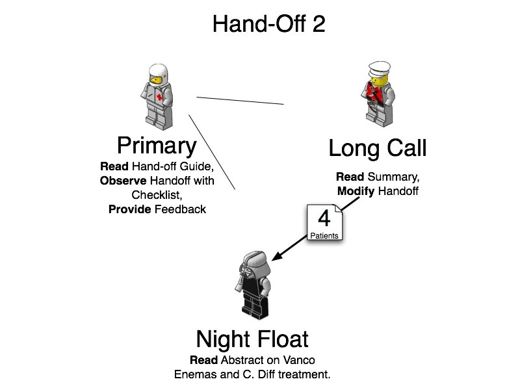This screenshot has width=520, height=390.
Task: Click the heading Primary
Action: coord(156,146)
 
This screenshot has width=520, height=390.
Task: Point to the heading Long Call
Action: coord(377,149)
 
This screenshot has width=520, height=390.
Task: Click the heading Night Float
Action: coord(252,339)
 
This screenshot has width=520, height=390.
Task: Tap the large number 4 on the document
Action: coord(323,218)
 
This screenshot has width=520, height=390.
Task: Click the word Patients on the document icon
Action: coord(323,236)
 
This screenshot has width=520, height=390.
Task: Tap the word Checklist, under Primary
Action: coord(157,195)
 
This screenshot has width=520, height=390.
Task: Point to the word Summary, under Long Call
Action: coord(394,177)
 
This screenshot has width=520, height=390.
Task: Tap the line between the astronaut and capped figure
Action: coord(240,100)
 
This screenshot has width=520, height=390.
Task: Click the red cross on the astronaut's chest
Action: coord(159,97)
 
